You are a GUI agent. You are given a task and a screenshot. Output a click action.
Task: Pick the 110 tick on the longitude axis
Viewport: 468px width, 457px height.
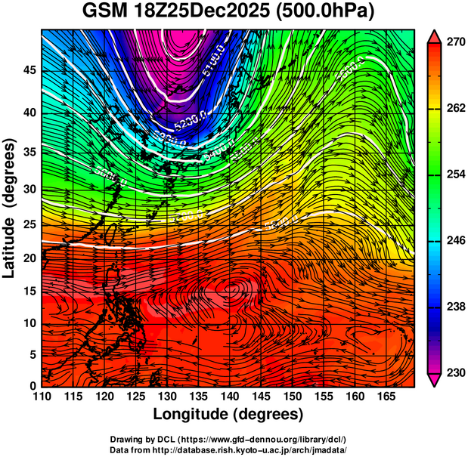[x=42, y=397]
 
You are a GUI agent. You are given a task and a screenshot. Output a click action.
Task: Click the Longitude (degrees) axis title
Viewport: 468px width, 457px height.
[x=228, y=415]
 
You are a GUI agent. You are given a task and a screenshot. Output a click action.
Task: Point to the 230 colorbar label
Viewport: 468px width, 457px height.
[x=452, y=372]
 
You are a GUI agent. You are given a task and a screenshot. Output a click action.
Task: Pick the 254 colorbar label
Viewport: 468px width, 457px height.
[x=452, y=174]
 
